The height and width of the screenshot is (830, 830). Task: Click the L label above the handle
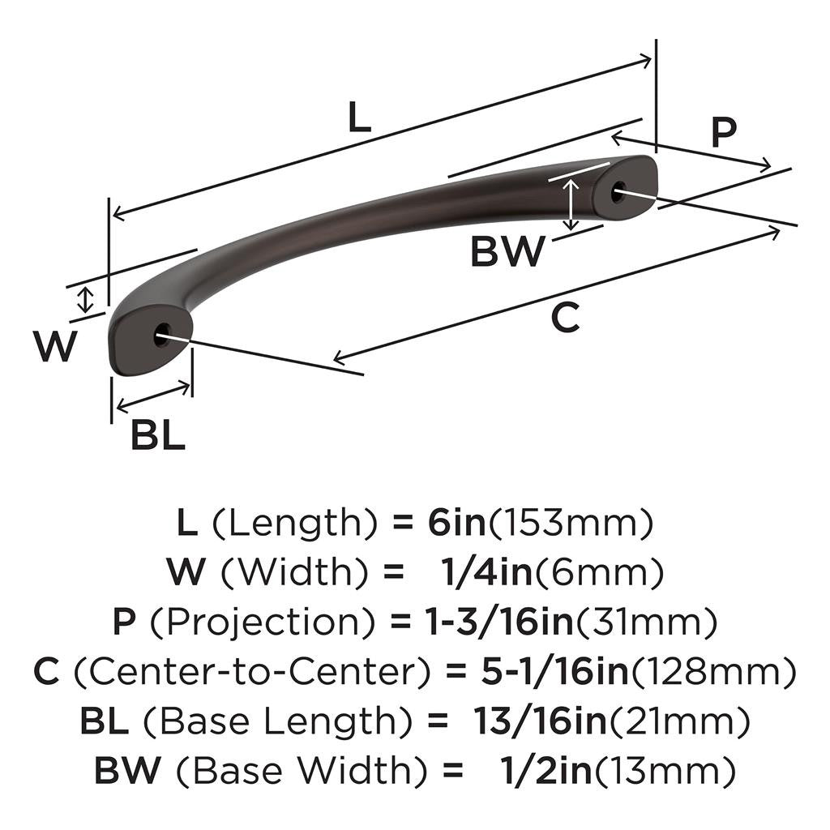359,118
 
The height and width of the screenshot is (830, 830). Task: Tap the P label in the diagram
723,133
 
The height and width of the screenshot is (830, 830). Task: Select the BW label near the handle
507,252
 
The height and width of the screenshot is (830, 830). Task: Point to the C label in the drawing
565,318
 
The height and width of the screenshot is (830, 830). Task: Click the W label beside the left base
55,347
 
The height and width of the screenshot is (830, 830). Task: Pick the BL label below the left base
158,436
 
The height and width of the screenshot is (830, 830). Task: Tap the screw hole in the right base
618,191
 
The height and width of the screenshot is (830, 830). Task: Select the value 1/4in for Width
486,573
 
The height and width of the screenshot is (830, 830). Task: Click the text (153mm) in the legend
570,524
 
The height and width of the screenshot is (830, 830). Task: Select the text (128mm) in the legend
712,671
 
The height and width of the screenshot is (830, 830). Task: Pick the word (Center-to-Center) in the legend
251,671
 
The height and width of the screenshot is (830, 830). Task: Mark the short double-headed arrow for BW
572,203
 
